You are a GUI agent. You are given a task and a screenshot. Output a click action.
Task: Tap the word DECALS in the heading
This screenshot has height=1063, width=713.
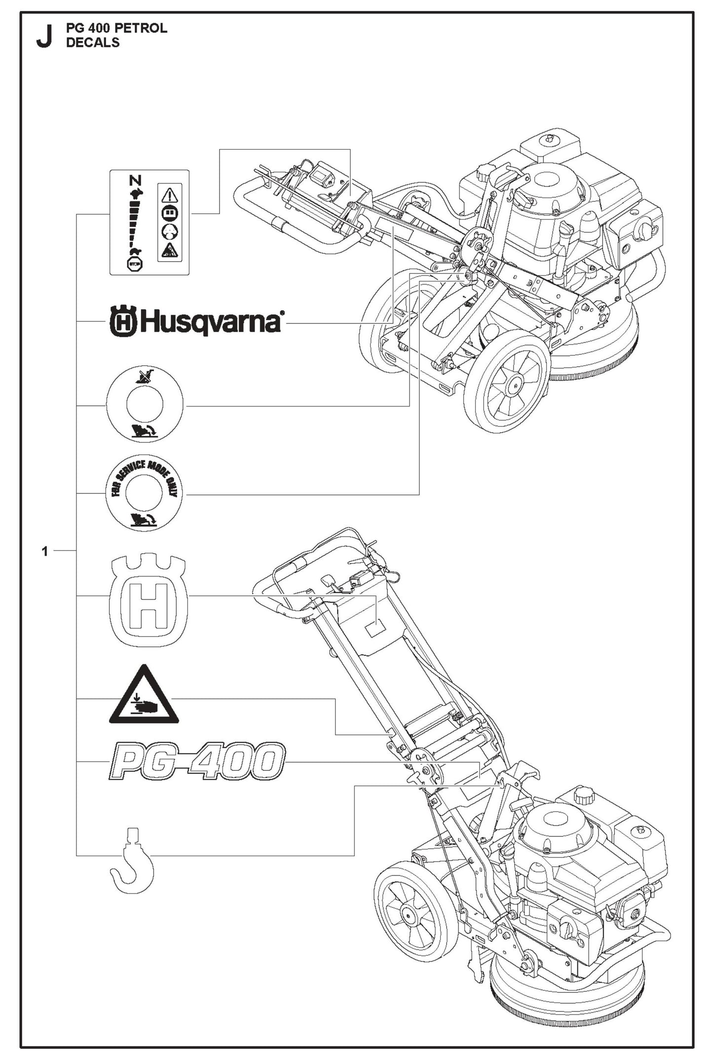tap(93, 42)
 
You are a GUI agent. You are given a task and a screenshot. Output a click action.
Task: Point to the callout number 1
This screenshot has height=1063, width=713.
tap(45, 551)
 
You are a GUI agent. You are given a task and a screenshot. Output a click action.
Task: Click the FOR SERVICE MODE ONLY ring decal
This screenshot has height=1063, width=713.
tap(144, 493)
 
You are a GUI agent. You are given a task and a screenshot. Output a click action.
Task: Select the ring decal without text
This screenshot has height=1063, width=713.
tap(145, 405)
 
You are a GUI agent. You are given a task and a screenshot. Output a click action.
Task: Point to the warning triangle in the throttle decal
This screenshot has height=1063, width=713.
tap(170, 194)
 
